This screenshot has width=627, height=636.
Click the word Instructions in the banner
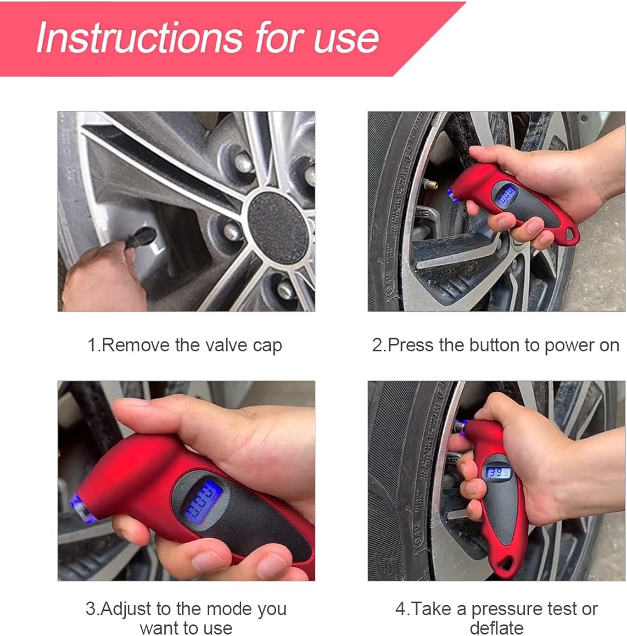139,38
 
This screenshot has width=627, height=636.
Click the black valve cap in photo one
141,237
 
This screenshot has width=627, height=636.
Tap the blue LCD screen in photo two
506,197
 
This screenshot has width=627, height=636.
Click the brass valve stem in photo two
431,184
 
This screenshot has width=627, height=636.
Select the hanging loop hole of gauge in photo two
570,233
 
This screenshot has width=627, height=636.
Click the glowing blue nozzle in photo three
83,507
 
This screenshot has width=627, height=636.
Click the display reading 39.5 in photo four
499,473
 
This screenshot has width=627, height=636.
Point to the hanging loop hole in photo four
506,563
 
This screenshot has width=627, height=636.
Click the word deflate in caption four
497,628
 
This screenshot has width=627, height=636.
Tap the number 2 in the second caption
377,345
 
